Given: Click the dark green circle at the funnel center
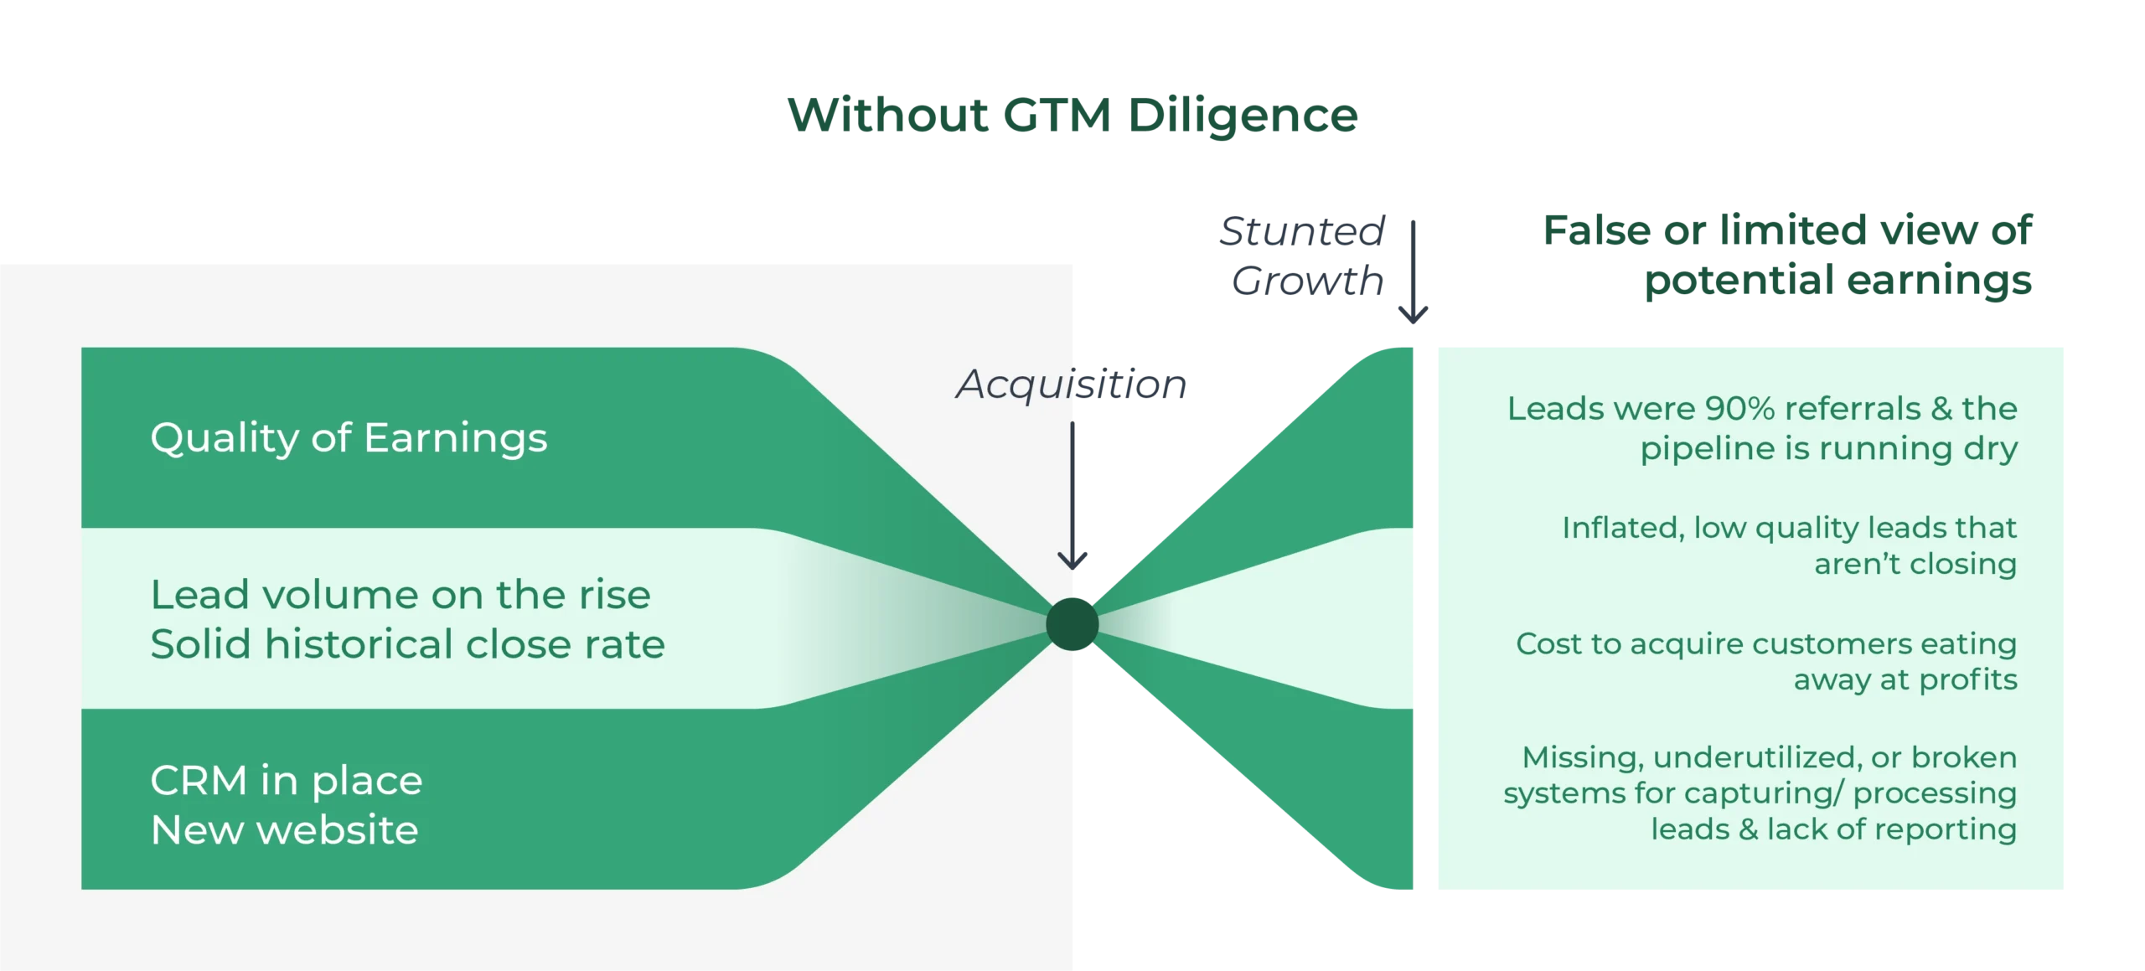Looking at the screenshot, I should tap(1072, 624).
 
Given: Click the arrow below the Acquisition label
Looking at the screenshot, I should tap(1073, 494).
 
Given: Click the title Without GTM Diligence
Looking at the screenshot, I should tap(1073, 116).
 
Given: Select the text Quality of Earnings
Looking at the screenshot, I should tap(349, 438).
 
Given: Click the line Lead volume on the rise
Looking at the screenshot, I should tap(401, 595).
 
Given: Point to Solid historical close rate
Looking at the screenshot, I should tap(407, 644).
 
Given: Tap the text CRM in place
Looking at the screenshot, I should tap(287, 781).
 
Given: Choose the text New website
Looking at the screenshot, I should tap(284, 830).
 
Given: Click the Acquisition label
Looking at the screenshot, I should tap(1071, 385).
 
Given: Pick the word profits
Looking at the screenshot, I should tap(1968, 681).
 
